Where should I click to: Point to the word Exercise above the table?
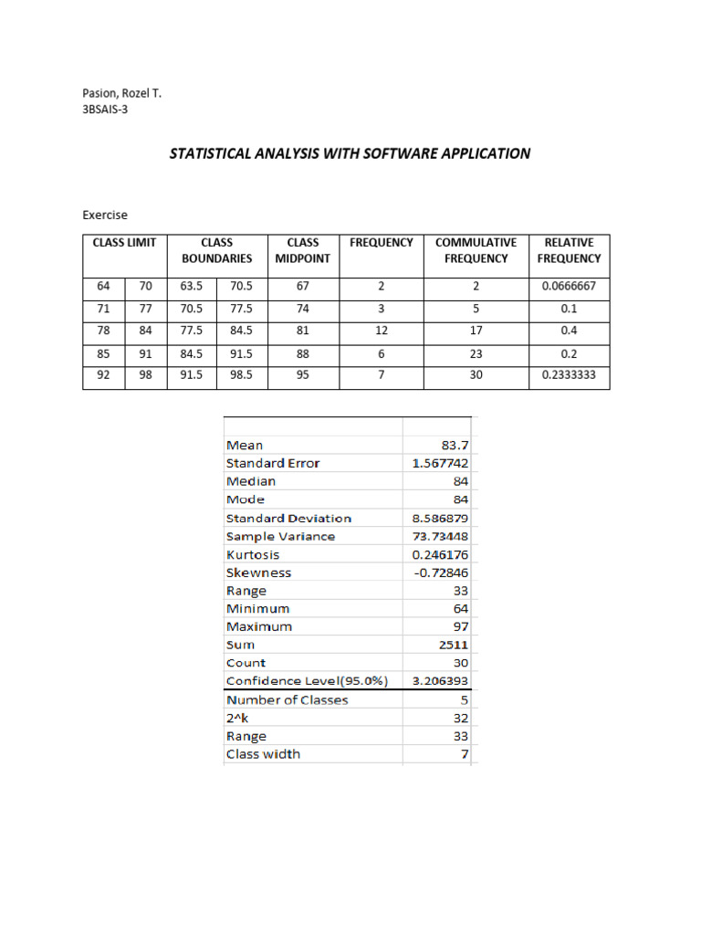point(105,215)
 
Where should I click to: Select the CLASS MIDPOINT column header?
point(302,250)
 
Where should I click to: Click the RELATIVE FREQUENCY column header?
point(569,250)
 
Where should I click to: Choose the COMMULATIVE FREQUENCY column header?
point(476,250)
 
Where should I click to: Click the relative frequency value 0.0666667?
point(569,287)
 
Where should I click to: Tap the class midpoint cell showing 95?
point(302,374)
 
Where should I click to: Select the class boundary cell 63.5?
point(192,287)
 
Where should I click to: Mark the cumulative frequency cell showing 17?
point(476,331)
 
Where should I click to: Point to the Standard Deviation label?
point(288,519)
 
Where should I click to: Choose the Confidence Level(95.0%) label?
point(307,681)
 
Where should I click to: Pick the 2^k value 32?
point(459,719)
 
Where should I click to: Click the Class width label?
point(263,754)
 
